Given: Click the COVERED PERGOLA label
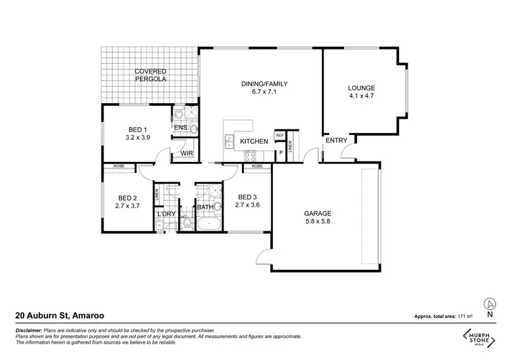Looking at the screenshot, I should click(150, 75).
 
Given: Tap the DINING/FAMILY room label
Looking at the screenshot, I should click(265, 84).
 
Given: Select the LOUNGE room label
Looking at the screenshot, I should click(361, 87).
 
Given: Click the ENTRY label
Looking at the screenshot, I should click(337, 140).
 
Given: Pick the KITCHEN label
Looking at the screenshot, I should click(255, 141).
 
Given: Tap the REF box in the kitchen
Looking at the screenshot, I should click(278, 135).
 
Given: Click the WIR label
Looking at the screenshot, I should click(186, 153).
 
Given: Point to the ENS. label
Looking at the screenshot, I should click(181, 127).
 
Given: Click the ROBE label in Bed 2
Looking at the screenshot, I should click(119, 165).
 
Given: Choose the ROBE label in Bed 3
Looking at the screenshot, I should click(257, 166).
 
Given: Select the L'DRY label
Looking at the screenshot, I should click(166, 215).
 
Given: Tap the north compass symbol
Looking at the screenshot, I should click(488, 307).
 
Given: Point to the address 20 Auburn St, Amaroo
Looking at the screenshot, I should click(60, 316).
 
